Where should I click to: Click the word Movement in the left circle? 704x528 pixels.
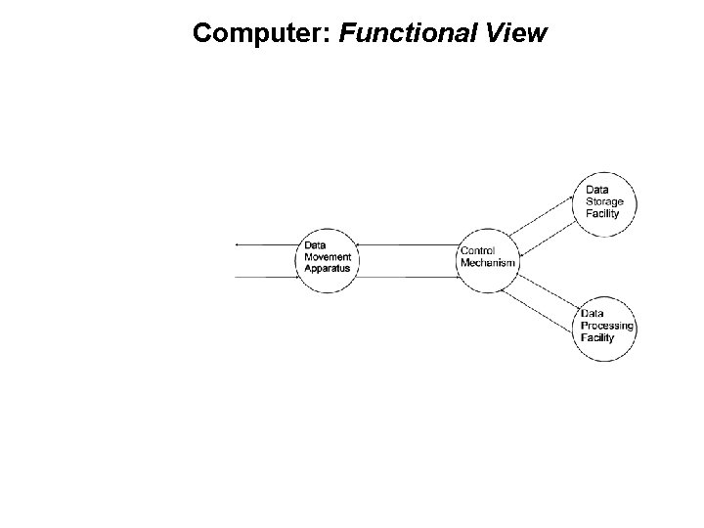328,256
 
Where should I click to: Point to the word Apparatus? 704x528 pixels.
328,267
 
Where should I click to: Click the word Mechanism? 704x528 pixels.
487,262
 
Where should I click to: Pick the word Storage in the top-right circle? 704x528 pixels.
604,201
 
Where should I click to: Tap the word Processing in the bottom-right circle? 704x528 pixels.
607,326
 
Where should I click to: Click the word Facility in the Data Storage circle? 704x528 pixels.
602,213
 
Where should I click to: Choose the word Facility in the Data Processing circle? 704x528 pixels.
597,337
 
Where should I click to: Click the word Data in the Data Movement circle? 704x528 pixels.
315,245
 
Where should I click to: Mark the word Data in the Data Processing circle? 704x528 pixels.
592,314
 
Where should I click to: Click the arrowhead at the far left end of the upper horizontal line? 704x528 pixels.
238,243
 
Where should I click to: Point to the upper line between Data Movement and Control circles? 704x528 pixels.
406,243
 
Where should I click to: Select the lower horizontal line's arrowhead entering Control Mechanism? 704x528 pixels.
456,278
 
